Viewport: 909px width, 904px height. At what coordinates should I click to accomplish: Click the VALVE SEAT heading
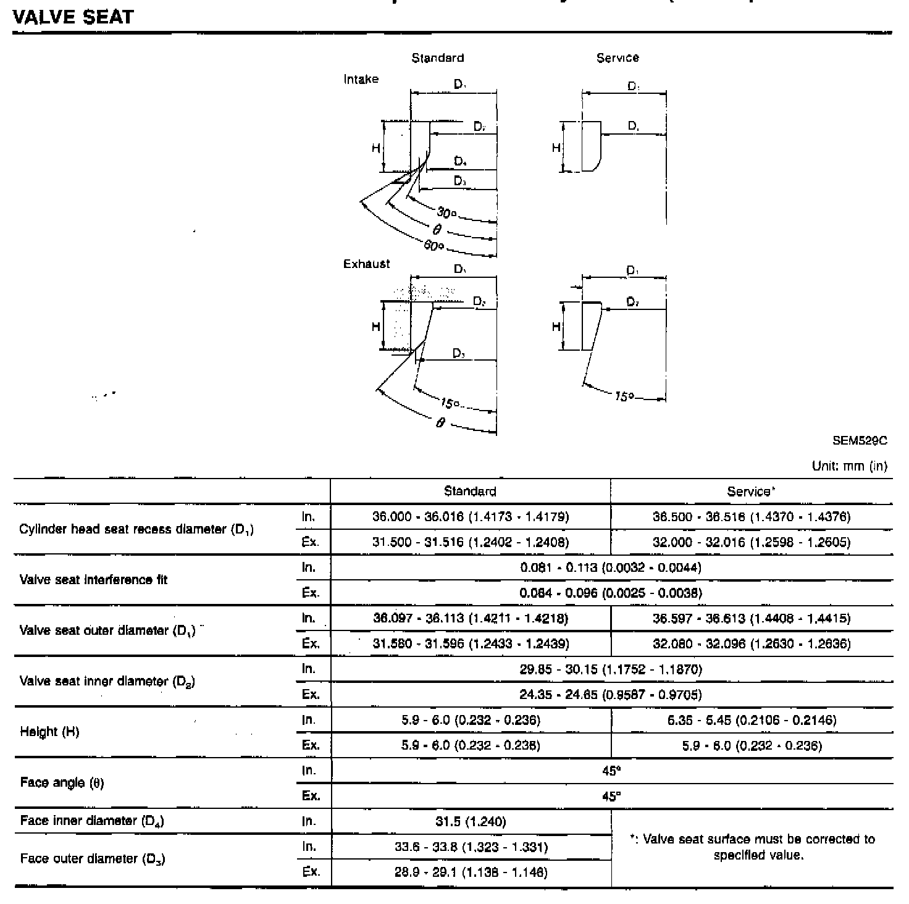pos(73,17)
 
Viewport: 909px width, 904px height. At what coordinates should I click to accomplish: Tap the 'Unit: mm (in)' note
pos(849,467)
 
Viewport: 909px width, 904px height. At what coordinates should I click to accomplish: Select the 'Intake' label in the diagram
pos(361,80)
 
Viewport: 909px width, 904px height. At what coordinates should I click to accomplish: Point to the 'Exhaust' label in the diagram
pos(367,264)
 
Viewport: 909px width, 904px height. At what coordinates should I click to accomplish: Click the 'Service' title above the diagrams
pos(618,58)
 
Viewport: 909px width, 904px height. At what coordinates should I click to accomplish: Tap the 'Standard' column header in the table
pos(470,492)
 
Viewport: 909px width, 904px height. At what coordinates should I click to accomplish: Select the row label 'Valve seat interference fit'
pos(94,580)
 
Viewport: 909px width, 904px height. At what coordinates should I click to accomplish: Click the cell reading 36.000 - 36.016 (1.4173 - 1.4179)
pos(471,517)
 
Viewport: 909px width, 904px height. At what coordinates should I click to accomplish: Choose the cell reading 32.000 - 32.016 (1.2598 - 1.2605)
pos(752,543)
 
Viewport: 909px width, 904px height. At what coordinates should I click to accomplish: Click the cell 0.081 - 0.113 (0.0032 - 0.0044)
pos(611,567)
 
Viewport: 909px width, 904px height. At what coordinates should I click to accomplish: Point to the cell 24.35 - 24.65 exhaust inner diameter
pos(611,695)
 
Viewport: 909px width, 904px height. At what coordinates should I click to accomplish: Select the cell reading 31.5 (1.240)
pos(471,821)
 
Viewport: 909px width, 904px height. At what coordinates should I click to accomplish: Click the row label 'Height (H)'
pos(49,732)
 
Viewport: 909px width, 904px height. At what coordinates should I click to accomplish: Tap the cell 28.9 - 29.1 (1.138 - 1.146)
pos(471,873)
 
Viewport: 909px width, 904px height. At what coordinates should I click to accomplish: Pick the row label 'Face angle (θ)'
pos(62,783)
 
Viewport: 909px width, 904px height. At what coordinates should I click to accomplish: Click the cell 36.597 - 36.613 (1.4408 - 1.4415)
pos(752,618)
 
